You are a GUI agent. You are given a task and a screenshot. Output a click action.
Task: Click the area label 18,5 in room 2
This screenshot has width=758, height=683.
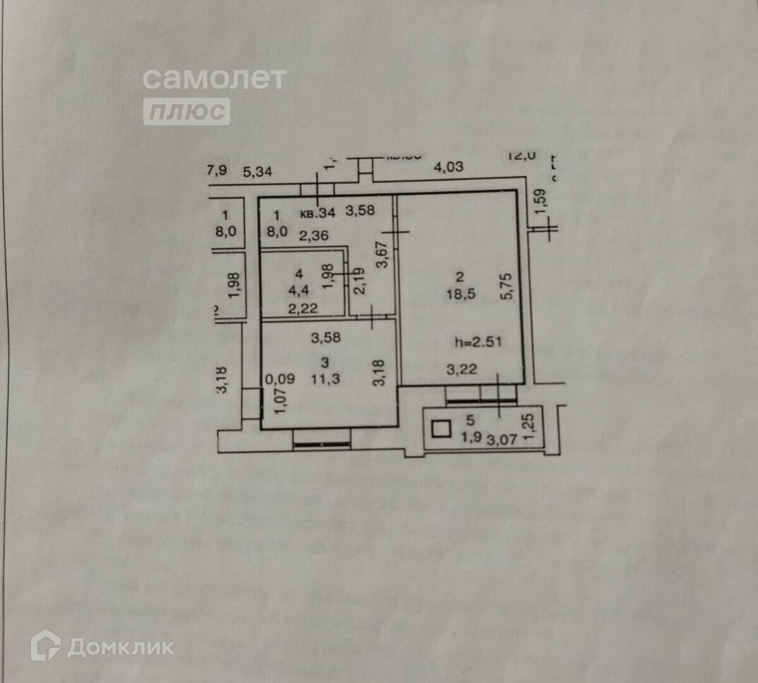click(460, 294)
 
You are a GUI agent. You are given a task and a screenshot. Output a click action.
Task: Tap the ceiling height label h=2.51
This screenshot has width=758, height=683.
click(478, 342)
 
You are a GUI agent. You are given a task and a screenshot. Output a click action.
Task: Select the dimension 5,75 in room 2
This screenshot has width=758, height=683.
click(505, 286)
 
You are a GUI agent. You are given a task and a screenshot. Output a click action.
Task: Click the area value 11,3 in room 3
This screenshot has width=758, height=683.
click(325, 379)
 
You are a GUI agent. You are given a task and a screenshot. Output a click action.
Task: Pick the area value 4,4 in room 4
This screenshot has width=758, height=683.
click(299, 290)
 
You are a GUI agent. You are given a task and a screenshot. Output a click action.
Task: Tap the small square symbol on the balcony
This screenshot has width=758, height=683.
click(441, 430)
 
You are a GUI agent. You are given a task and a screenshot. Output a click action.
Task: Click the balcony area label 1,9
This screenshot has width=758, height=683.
click(471, 436)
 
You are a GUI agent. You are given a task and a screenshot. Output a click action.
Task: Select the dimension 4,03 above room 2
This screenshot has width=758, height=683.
click(448, 167)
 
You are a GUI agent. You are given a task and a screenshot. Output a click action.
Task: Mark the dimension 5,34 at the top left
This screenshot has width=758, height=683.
click(257, 171)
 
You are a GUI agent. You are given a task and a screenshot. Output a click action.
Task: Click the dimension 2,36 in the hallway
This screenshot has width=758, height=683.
click(314, 236)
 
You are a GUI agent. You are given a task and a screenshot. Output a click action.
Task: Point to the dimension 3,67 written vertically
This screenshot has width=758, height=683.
click(382, 255)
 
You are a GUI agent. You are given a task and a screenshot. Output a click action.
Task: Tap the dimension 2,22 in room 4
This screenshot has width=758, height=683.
click(303, 309)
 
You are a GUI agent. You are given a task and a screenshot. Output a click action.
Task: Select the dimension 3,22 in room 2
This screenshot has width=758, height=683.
click(462, 369)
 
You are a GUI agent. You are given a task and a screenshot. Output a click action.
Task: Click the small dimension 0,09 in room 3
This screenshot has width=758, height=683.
click(279, 379)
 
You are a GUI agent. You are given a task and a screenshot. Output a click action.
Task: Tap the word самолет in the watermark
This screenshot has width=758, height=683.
click(214, 78)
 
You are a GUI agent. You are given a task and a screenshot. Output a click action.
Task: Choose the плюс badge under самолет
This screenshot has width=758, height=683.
click(186, 111)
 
